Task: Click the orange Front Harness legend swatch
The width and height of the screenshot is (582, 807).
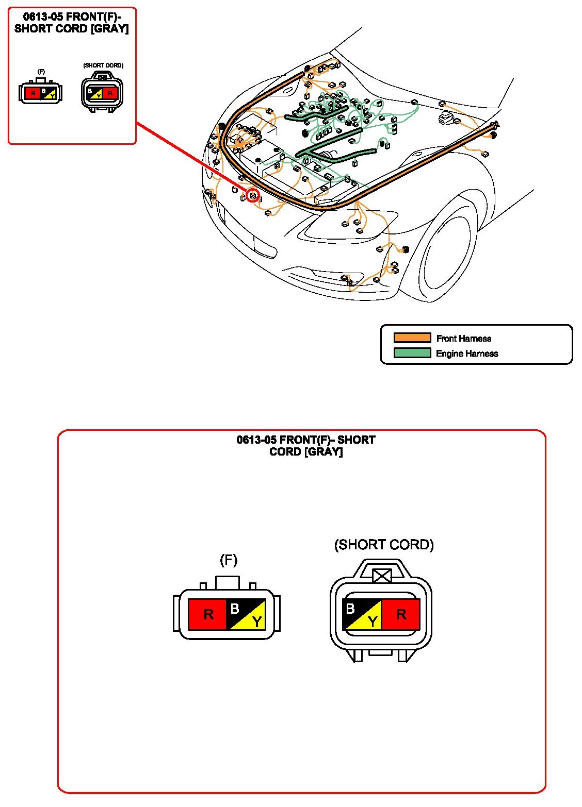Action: click(412, 338)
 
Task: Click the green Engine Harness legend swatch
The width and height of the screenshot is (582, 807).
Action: click(412, 353)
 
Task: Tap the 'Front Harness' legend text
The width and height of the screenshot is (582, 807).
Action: click(463, 339)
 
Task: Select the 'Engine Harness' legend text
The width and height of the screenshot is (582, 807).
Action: click(467, 354)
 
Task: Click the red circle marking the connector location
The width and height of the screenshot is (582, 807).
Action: click(253, 196)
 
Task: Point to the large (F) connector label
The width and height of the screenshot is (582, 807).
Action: click(228, 560)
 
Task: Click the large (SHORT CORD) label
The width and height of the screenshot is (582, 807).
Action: click(384, 545)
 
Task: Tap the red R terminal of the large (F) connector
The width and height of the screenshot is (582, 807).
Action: click(208, 614)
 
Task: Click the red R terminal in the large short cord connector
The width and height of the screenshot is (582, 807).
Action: click(401, 614)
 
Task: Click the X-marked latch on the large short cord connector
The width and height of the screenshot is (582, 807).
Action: click(382, 576)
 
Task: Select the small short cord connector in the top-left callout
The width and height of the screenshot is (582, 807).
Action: click(103, 93)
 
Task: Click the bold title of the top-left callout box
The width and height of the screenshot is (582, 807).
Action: click(72, 23)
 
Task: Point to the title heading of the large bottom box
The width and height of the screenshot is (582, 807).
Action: click(306, 446)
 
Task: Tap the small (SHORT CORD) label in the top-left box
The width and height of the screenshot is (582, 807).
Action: click(103, 65)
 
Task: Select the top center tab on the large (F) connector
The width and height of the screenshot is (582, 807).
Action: click(228, 583)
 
